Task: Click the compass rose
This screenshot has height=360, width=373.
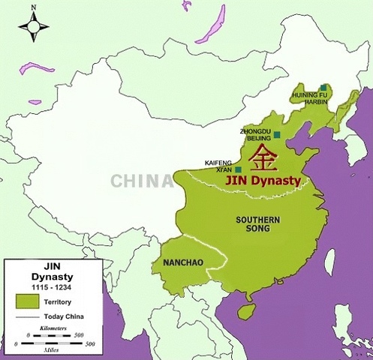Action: tap(34, 28)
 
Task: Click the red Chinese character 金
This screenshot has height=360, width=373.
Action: tap(263, 157)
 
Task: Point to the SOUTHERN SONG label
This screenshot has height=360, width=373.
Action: tap(259, 224)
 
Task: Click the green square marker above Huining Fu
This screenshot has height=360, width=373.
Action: tap(323, 88)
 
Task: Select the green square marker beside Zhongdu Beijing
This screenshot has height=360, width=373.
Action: tap(277, 135)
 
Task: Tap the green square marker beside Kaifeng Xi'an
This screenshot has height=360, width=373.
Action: tap(238, 169)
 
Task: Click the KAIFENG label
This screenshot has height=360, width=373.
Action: tap(218, 162)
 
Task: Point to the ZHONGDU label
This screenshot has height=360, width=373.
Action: tap(254, 131)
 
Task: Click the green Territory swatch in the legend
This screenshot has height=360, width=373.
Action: tap(27, 299)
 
